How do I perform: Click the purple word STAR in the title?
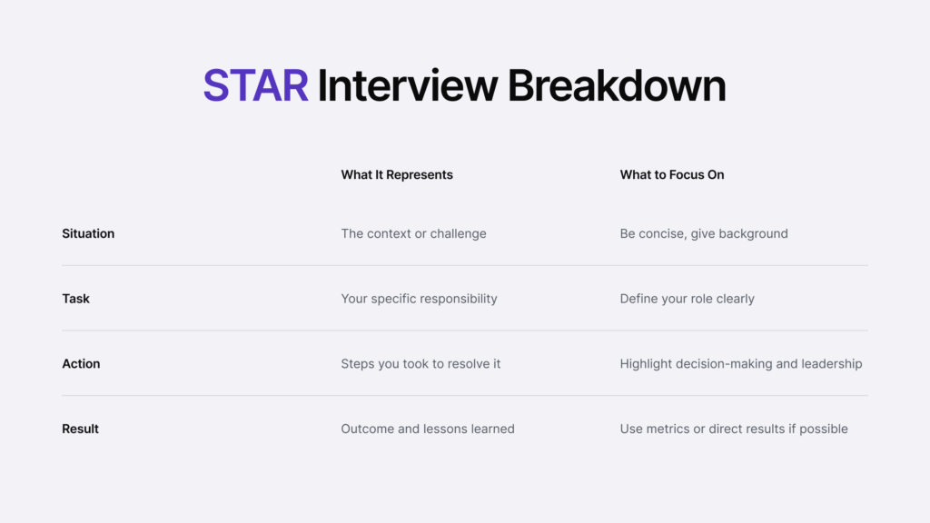pyautogui.click(x=255, y=86)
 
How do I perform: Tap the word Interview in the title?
pyautogui.click(x=407, y=86)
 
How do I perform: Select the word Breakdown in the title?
pyautogui.click(x=617, y=86)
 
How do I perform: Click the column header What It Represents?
pyautogui.click(x=397, y=174)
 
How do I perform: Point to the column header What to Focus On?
pyautogui.click(x=672, y=174)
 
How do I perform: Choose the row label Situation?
pyautogui.click(x=88, y=233)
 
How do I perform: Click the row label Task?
pyautogui.click(x=75, y=299)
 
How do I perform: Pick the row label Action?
pyautogui.click(x=81, y=364)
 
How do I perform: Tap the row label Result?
pyautogui.click(x=80, y=429)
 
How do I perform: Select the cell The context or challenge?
pyautogui.click(x=413, y=233)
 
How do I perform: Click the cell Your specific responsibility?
pyautogui.click(x=419, y=299)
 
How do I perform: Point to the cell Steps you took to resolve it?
pyautogui.click(x=420, y=364)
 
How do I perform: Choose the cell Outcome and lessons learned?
pyautogui.click(x=428, y=429)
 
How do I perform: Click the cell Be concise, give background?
pyautogui.click(x=704, y=233)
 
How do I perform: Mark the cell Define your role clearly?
pyautogui.click(x=687, y=299)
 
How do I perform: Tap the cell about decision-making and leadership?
pyautogui.click(x=741, y=364)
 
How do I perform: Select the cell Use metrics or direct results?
pyautogui.click(x=734, y=429)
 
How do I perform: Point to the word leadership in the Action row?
pyautogui.click(x=832, y=364)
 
